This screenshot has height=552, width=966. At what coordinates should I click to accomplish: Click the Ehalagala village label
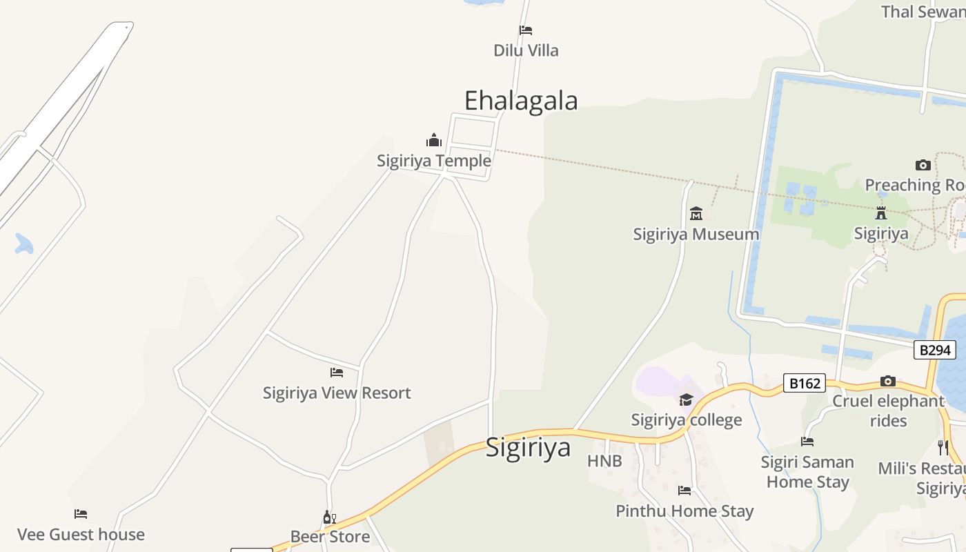point(521,101)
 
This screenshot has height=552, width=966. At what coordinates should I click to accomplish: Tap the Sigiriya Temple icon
point(434,141)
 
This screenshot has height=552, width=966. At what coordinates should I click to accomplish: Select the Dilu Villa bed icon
point(526,30)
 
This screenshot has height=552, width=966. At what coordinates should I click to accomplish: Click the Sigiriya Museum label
point(696,234)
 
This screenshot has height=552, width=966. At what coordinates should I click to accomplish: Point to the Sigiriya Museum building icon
point(696,213)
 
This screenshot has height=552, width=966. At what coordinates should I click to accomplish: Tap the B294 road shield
point(935,350)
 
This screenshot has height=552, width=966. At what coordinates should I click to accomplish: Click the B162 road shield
point(805,383)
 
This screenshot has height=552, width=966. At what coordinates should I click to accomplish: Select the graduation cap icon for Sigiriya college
point(686,400)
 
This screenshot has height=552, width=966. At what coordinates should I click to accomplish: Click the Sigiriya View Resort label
point(337,393)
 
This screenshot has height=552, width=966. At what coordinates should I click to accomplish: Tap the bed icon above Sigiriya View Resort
point(337,373)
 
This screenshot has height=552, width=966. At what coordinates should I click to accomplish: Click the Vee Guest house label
point(81,534)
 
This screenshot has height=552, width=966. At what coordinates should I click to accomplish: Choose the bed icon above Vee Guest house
point(81,514)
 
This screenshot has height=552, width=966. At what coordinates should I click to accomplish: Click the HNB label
point(604,461)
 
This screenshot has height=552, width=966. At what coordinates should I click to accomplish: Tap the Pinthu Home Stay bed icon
point(684,491)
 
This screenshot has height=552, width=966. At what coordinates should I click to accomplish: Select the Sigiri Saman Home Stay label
point(807,472)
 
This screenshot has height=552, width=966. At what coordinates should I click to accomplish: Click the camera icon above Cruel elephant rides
point(888,381)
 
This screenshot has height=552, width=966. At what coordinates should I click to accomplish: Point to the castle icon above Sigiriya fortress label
point(881,213)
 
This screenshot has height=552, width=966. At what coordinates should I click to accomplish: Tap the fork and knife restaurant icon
point(943,447)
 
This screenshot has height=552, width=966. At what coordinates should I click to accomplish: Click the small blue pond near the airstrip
point(24,244)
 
